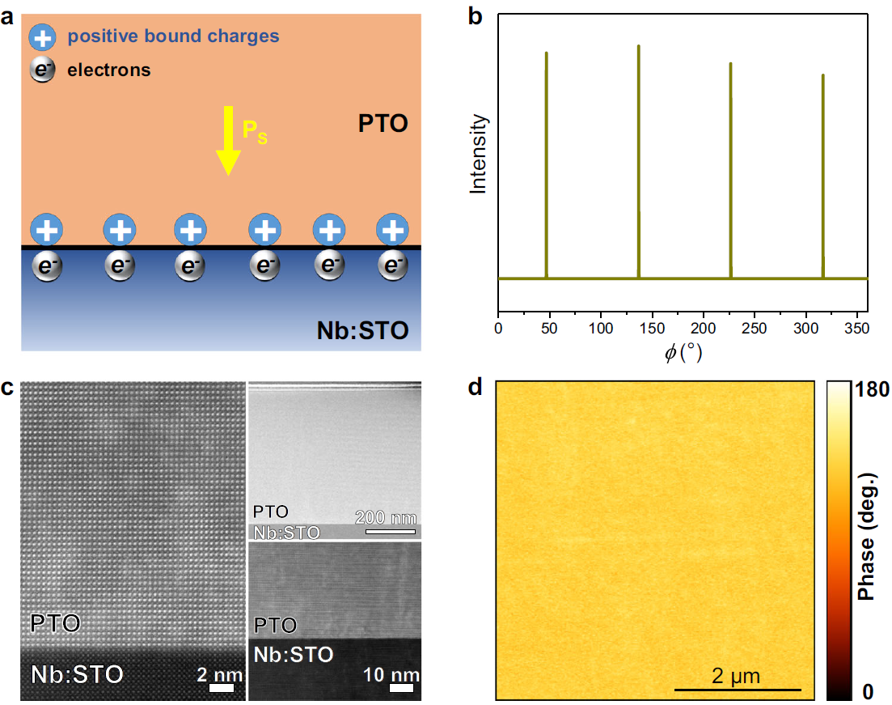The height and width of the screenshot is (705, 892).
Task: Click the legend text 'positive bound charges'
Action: click(173, 36)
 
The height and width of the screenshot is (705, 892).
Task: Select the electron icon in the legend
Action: click(41, 70)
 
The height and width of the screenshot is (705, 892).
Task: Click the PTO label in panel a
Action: click(383, 124)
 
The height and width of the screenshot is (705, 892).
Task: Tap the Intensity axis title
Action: click(480, 154)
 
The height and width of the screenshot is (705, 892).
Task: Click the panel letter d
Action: click(476, 388)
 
